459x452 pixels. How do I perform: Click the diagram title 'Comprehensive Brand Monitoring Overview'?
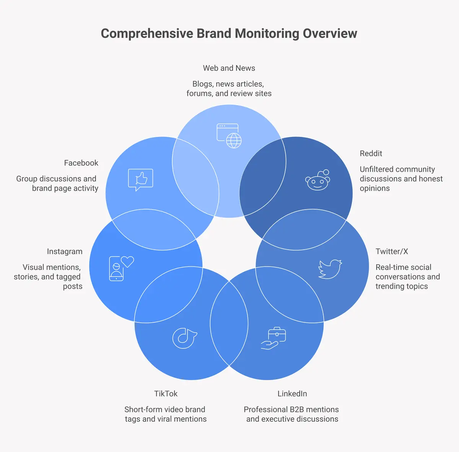(229, 34)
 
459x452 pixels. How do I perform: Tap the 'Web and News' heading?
(229, 68)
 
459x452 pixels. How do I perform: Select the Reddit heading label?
(371, 153)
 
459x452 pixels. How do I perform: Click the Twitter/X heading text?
(392, 251)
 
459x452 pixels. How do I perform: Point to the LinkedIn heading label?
(292, 393)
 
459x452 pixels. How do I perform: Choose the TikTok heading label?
(166, 393)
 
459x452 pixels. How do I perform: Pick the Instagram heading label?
(65, 251)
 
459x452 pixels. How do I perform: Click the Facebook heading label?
(81, 163)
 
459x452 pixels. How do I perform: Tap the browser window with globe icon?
(229, 135)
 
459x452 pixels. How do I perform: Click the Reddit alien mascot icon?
(318, 180)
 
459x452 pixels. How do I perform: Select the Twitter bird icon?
(330, 269)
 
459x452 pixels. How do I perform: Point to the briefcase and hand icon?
(273, 338)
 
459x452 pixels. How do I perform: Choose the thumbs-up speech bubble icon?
(140, 179)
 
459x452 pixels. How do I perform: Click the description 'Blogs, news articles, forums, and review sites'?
(229, 89)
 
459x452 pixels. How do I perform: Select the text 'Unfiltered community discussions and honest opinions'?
(401, 179)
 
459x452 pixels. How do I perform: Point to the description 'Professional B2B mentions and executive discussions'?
(291, 414)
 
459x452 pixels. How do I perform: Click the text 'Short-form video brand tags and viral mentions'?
(165, 414)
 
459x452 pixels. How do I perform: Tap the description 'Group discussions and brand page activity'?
(57, 184)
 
